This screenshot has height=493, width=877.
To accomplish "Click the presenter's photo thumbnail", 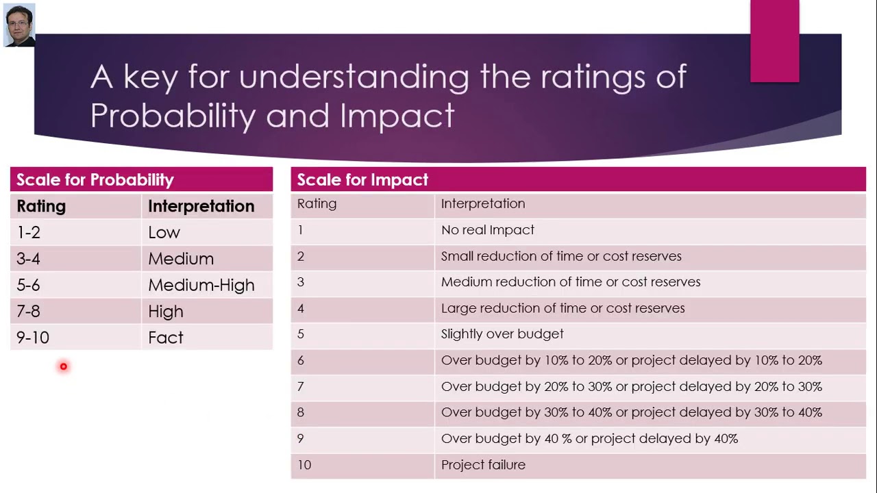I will pyautogui.click(x=19, y=25).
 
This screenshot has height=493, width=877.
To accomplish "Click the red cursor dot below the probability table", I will pyautogui.click(x=63, y=367).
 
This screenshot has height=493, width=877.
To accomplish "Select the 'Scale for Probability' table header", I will pyautogui.click(x=95, y=180).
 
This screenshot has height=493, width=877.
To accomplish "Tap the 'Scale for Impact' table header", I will pyautogui.click(x=362, y=180).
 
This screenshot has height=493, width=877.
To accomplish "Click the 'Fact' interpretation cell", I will pyautogui.click(x=166, y=338).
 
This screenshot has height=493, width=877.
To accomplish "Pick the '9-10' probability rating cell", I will pyautogui.click(x=33, y=338).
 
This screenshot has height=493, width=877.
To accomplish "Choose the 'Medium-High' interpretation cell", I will pyautogui.click(x=201, y=286).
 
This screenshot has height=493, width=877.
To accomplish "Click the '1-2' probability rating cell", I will pyautogui.click(x=29, y=233).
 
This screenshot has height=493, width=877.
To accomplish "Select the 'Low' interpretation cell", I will pyautogui.click(x=164, y=233).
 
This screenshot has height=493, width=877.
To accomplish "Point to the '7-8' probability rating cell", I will pyautogui.click(x=29, y=312).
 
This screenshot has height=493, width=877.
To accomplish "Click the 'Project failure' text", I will pyautogui.click(x=483, y=465).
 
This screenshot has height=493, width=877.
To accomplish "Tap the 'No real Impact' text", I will pyautogui.click(x=487, y=230).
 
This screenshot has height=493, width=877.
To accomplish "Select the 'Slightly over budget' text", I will pyautogui.click(x=502, y=334).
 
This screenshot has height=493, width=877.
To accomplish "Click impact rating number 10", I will pyautogui.click(x=304, y=465).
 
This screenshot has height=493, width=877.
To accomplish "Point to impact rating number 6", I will pyautogui.click(x=301, y=360).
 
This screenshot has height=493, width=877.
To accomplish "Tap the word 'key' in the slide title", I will pyautogui.click(x=150, y=77).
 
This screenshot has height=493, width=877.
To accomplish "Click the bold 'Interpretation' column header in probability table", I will pyautogui.click(x=201, y=206).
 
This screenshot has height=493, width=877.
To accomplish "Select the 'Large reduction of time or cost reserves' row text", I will pyautogui.click(x=563, y=308).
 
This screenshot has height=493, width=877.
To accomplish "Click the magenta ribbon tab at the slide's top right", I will pyautogui.click(x=774, y=41).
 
